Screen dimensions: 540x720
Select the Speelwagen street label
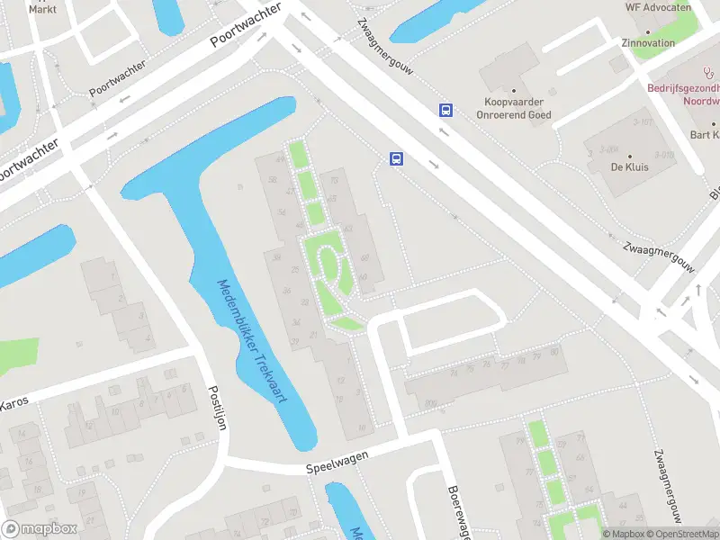337,462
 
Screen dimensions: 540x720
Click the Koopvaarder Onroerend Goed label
514,108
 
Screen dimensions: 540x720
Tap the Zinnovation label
648,42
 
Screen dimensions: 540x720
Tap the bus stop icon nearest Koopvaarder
445,110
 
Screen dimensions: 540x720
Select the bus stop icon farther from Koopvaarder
396,159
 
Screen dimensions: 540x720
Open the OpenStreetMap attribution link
684,534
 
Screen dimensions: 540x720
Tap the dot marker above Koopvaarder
514,90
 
